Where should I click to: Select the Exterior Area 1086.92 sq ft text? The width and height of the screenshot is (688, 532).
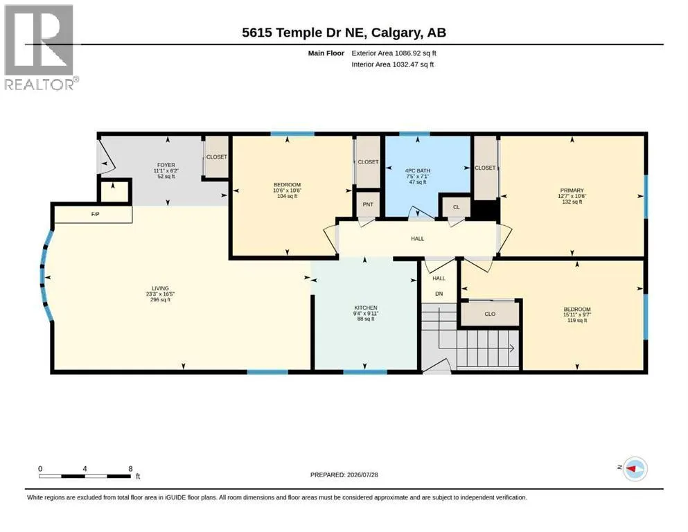tap(394, 53)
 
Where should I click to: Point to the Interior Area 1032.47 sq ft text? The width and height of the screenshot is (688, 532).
tap(393, 64)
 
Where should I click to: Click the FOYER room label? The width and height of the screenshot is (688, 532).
tap(166, 165)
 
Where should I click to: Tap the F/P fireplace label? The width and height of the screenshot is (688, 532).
tap(95, 215)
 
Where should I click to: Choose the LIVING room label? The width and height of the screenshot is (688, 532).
tap(161, 288)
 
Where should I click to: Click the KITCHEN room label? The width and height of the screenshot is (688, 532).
tap(366, 308)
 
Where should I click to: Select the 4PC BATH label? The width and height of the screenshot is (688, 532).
tap(418, 170)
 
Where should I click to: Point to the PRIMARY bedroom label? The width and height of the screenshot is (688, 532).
tap(572, 190)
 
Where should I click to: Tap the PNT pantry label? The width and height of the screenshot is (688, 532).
tap(368, 204)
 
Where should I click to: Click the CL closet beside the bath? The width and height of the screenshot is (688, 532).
tap(457, 207)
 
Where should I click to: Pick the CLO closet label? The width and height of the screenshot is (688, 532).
tap(490, 314)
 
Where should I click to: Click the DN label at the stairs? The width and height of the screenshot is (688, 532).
tap(439, 294)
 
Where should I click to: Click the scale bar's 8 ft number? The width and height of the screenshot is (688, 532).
tap(130, 468)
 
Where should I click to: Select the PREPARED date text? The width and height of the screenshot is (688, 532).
tap(344, 475)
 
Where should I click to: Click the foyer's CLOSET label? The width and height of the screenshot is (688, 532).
tap(217, 157)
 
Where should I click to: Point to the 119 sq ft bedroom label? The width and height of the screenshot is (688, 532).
tap(577, 314)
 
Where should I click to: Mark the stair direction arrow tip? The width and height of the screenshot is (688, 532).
tap(514, 348)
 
